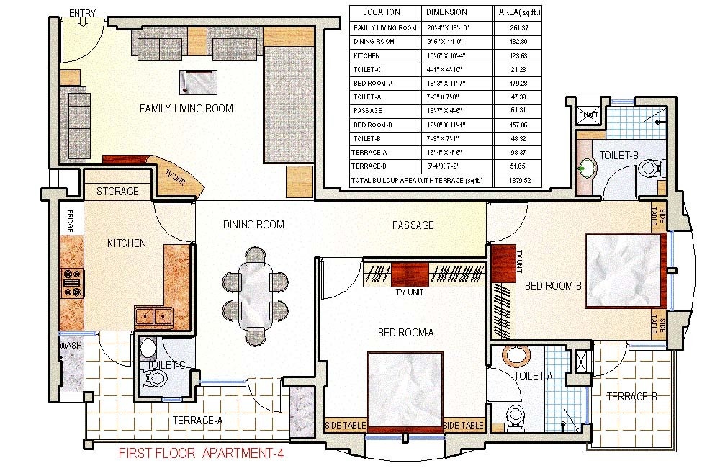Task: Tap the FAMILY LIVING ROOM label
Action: tap(186, 109)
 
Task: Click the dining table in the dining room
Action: tap(255, 294)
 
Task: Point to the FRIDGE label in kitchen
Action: tap(71, 220)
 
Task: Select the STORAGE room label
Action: tap(117, 192)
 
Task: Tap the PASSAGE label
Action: tap(413, 225)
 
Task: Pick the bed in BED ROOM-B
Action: tap(624, 271)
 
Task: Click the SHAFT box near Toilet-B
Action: tap(588, 114)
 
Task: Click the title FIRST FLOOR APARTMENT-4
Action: tap(205, 454)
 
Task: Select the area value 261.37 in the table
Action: tap(519, 28)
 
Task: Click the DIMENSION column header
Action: tap(446, 12)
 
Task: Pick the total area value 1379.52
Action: tap(519, 180)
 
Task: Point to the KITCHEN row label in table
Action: tap(362, 55)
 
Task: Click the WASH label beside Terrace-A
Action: tap(70, 346)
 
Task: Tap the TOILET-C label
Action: tap(166, 365)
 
